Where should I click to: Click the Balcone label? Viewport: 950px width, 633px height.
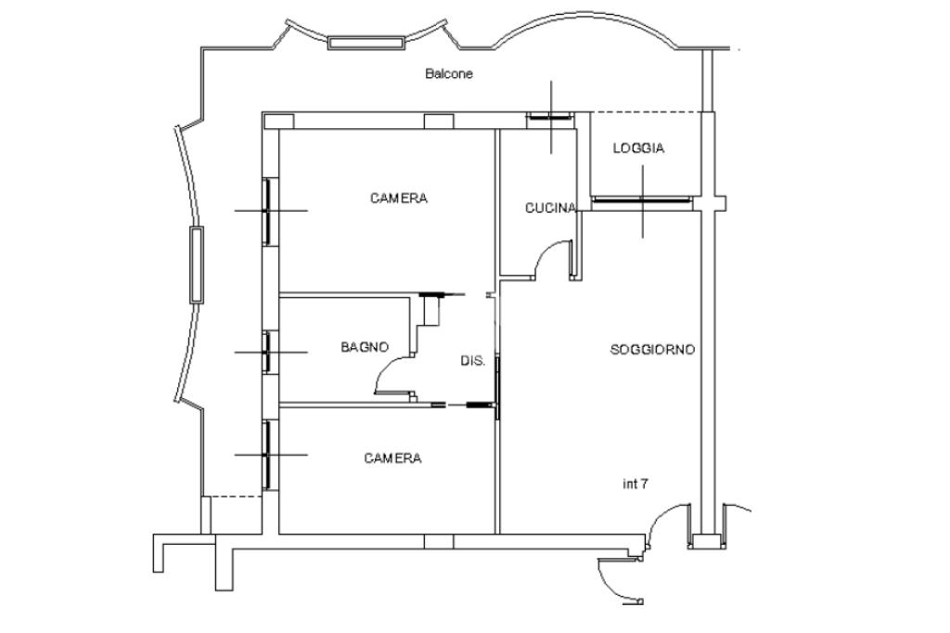tap(449, 73)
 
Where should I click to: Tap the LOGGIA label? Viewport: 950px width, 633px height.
tap(638, 149)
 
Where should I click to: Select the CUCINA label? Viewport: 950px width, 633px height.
tap(550, 208)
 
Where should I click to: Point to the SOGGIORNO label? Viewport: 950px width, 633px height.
tap(652, 350)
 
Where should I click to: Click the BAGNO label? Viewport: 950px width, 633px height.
tap(365, 347)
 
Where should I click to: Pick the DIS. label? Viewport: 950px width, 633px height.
tap(472, 361)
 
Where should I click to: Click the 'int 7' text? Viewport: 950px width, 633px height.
tap(635, 484)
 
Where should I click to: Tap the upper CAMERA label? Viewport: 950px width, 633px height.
tap(399, 198)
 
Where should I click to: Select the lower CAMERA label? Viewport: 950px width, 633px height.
tap(392, 458)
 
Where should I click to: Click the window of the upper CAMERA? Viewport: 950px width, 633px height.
tap(267, 212)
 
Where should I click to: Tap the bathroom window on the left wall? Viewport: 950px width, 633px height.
tap(266, 352)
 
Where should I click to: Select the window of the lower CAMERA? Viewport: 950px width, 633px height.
tap(267, 454)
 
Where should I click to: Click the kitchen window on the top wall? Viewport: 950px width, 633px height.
tap(548, 117)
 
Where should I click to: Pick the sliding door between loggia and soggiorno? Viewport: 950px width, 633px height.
tap(641, 200)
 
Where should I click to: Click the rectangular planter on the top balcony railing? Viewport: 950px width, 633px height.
tap(366, 42)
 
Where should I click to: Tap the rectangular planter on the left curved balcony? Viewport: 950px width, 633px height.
tap(196, 265)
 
